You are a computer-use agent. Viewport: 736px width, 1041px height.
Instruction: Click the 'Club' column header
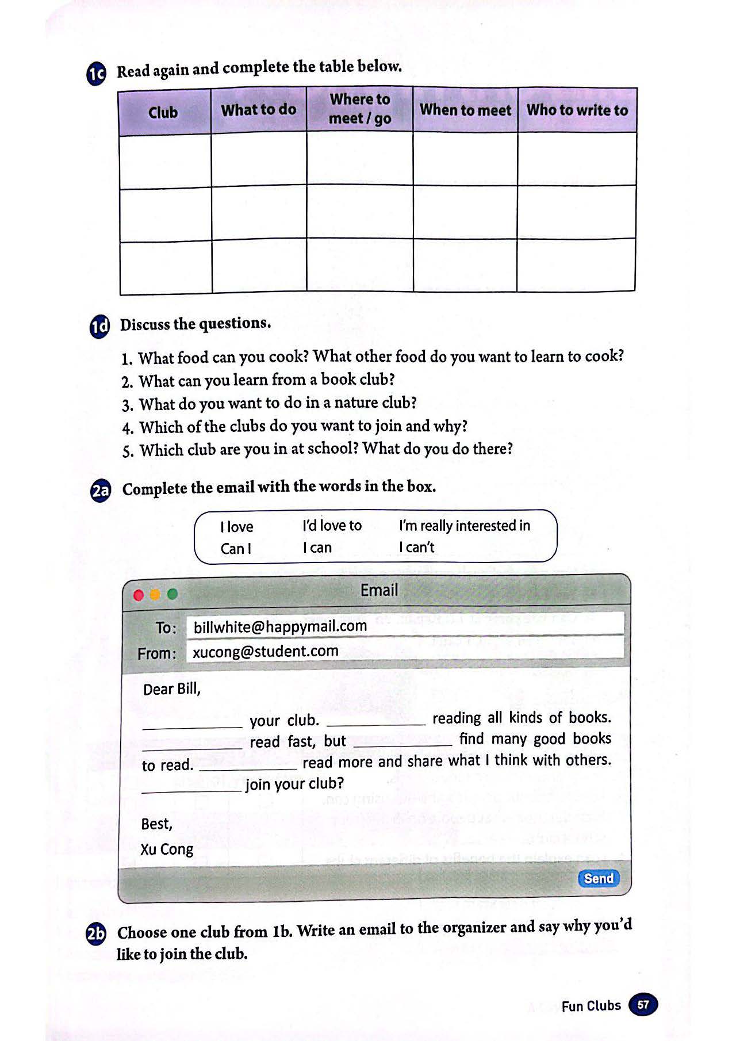[163, 112]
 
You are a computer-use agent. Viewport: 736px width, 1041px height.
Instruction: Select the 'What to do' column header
[259, 110]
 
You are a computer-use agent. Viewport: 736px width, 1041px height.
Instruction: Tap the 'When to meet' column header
[465, 110]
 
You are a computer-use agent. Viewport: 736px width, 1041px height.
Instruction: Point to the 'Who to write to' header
[577, 110]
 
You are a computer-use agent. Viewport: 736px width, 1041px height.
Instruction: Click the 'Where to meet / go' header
[360, 109]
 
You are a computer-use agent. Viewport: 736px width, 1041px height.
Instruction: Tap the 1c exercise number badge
[97, 74]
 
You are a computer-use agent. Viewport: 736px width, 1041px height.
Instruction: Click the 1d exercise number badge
[99, 327]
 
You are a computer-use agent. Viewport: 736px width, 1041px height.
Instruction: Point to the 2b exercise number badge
[96, 934]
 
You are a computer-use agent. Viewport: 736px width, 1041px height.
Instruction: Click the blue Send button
[598, 878]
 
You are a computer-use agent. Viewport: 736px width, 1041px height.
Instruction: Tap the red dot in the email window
[139, 595]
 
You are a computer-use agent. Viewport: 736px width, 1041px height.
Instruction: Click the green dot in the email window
[172, 594]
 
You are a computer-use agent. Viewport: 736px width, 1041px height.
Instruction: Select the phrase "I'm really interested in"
[464, 526]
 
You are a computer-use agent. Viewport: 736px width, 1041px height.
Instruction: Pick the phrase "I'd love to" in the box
[332, 526]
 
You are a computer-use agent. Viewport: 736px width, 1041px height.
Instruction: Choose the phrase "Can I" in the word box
[236, 549]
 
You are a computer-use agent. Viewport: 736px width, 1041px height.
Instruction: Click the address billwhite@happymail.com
[280, 626]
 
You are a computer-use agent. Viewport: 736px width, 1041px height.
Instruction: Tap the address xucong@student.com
[265, 652]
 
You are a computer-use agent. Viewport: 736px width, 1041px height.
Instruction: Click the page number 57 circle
[643, 1005]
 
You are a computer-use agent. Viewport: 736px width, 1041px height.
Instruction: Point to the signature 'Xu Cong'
[167, 849]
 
